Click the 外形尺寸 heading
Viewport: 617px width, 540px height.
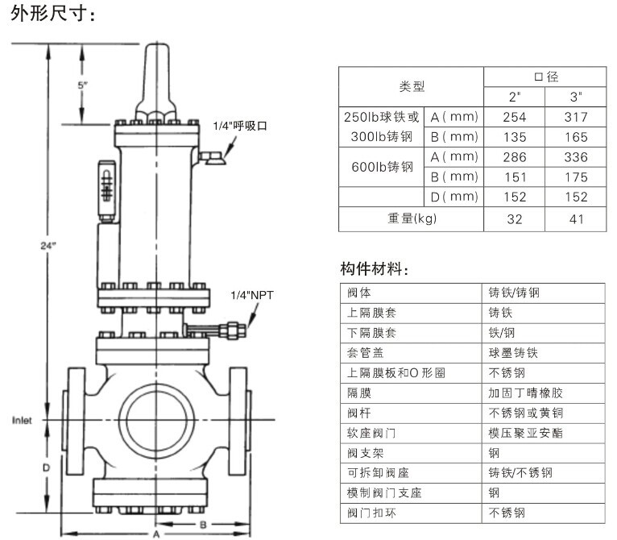pos(52,14)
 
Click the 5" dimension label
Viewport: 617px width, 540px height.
pos(83,85)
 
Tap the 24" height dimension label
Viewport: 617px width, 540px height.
pos(48,246)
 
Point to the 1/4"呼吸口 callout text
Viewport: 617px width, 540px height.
pos(240,126)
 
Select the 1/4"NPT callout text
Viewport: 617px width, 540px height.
pos(252,295)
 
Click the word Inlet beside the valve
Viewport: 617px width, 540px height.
pos(22,420)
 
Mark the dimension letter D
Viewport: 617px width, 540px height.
pos(47,467)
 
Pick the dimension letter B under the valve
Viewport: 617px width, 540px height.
pos(203,525)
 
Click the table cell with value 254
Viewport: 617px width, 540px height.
pos(514,117)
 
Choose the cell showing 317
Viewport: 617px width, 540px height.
pos(576,117)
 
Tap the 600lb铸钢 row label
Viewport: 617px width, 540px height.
pos(382,167)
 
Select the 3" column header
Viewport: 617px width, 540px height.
pos(576,97)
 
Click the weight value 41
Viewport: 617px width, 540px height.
pos(577,219)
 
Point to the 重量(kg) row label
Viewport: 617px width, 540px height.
pos(412,218)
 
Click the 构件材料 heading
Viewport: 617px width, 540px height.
pos(375,269)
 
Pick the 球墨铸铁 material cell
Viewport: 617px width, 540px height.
pos(513,353)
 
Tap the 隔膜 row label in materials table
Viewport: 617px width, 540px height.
pos(359,393)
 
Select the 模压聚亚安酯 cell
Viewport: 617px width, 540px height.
pos(525,433)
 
